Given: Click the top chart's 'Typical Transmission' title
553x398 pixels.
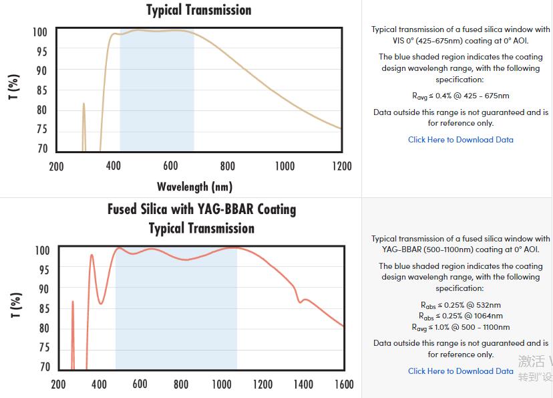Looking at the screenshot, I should click(x=199, y=10).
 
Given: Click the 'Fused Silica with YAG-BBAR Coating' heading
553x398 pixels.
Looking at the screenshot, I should click(x=202, y=209).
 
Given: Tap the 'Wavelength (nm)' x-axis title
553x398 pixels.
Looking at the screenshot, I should click(x=194, y=187).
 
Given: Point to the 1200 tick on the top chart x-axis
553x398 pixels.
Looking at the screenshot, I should click(x=341, y=166).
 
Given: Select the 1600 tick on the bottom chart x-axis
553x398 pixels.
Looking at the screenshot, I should click(x=343, y=384).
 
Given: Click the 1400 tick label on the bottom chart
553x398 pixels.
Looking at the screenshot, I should click(x=303, y=384).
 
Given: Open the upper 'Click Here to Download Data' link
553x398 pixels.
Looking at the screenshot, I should click(x=461, y=140).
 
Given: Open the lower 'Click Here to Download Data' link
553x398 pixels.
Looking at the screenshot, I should click(x=461, y=371).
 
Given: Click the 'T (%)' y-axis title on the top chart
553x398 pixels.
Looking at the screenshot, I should click(x=14, y=87).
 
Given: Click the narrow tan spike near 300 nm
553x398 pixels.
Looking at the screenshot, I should click(x=83, y=107).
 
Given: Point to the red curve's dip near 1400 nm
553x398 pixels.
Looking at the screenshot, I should click(x=300, y=302).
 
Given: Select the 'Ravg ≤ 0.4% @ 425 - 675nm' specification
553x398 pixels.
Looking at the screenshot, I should click(x=461, y=96).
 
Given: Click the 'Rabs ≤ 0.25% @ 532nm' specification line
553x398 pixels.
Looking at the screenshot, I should click(x=461, y=305).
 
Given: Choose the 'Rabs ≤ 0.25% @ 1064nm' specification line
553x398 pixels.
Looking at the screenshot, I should click(x=461, y=316).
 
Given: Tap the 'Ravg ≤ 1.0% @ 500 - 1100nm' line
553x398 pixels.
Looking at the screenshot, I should click(x=461, y=327).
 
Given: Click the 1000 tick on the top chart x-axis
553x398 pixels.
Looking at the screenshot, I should click(x=285, y=166).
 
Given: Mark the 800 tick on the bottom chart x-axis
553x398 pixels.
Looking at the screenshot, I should click(x=180, y=384).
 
